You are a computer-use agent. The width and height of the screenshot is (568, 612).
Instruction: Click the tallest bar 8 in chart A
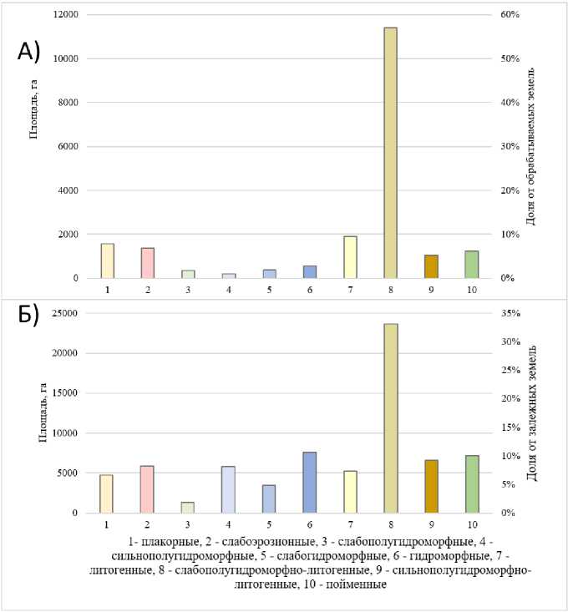tap(390, 153)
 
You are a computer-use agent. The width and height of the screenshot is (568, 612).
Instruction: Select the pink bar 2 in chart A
tap(147, 263)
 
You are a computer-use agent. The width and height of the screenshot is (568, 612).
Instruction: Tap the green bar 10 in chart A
tap(471, 265)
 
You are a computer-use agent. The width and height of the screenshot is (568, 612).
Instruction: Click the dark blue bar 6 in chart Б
tap(309, 482)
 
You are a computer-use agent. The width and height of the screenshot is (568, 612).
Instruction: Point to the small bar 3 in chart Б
tap(187, 507)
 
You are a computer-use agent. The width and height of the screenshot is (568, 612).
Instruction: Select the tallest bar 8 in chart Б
tap(390, 417)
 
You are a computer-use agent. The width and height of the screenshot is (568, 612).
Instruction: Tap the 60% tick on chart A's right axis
tap(510, 15)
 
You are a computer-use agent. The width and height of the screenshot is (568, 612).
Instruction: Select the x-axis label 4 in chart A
tap(228, 289)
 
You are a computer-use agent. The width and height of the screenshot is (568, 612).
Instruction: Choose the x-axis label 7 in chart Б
tap(350, 523)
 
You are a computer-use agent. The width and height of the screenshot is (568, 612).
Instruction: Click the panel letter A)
tap(28, 52)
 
